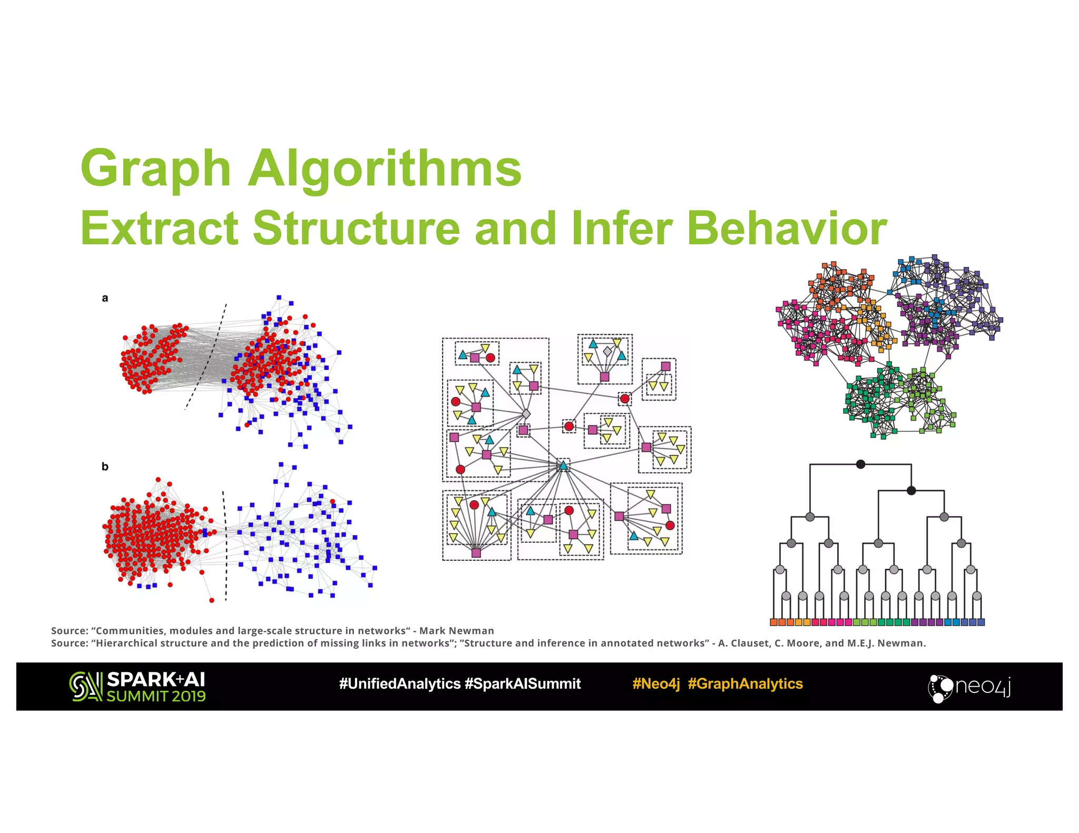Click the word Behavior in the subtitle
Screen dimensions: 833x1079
pyautogui.click(x=787, y=229)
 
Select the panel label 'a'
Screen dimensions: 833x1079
pyautogui.click(x=105, y=299)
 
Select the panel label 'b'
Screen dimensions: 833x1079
pyautogui.click(x=105, y=467)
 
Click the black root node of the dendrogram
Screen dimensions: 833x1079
pyautogui.click(x=860, y=464)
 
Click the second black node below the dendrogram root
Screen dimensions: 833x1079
pyautogui.click(x=911, y=491)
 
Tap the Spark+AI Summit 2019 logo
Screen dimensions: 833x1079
pyautogui.click(x=138, y=687)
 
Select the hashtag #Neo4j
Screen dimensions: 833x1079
pyautogui.click(x=656, y=684)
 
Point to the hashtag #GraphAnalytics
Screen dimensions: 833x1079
pyautogui.click(x=745, y=684)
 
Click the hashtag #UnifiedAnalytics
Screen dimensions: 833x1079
pyautogui.click(x=400, y=684)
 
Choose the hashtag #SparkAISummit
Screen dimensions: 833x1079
pyautogui.click(x=523, y=684)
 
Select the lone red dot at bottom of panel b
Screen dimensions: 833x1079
pyautogui.click(x=212, y=600)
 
